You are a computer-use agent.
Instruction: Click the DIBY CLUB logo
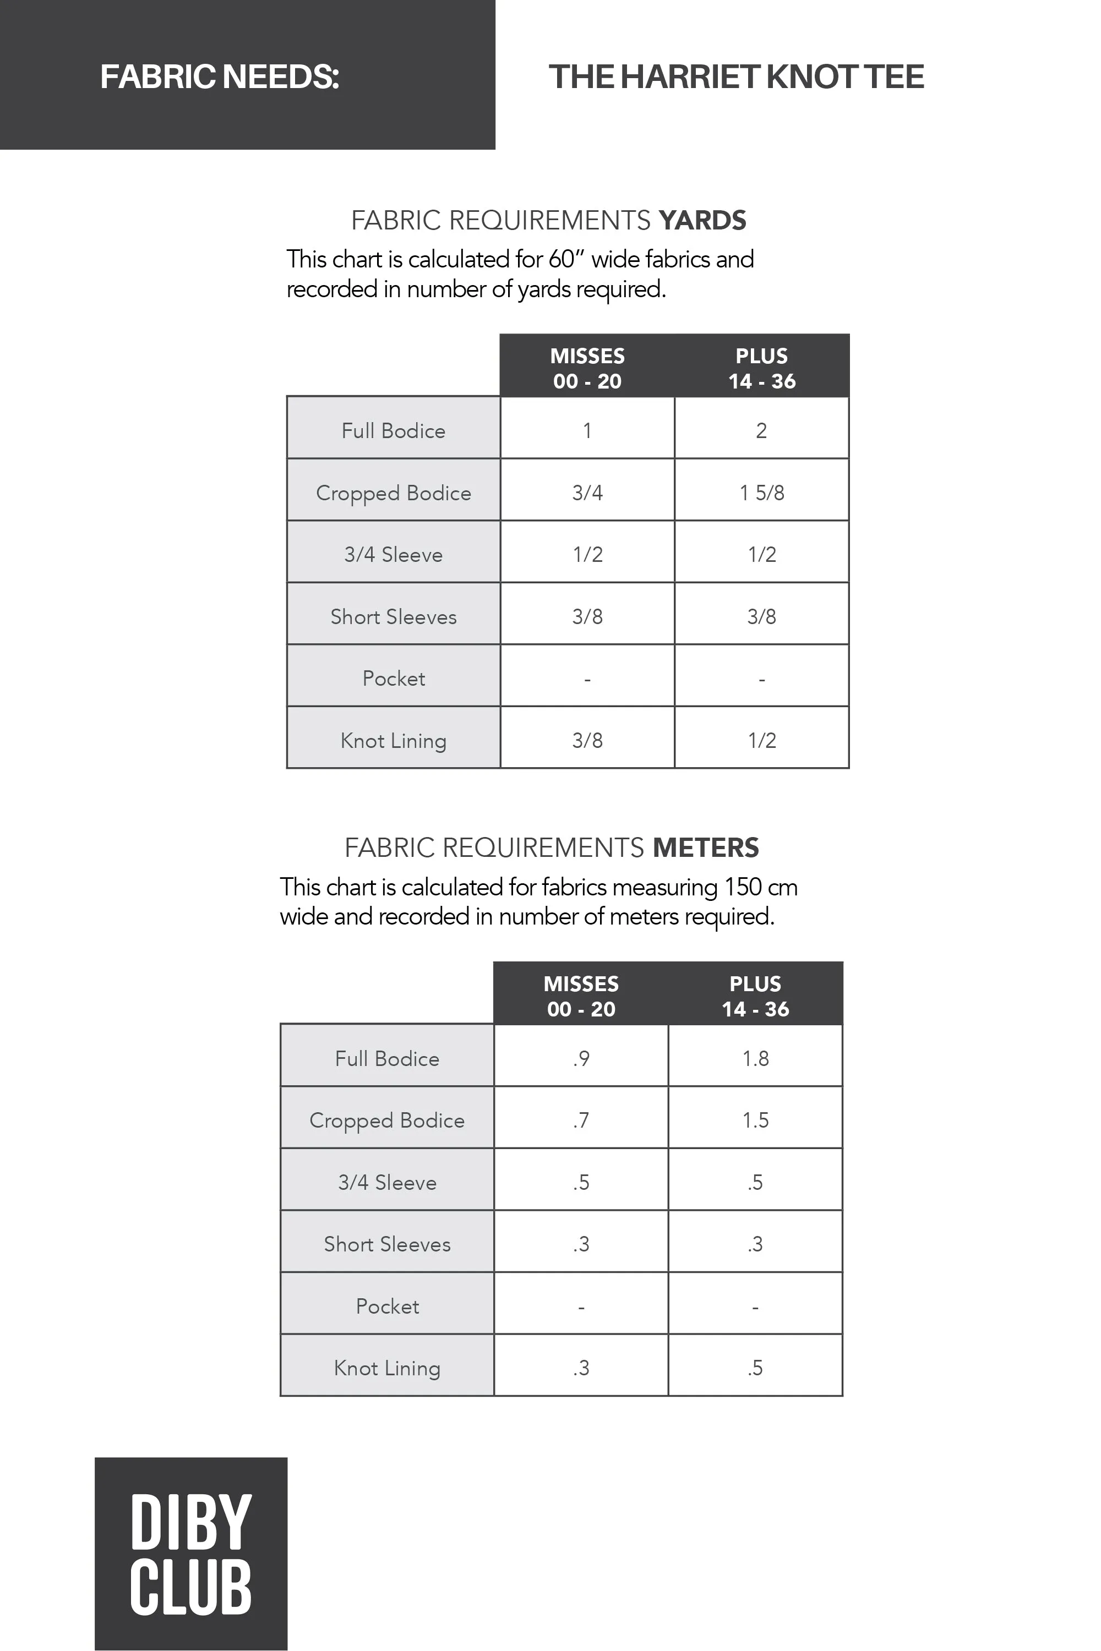point(190,1552)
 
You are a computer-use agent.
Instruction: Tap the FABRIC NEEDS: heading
point(220,76)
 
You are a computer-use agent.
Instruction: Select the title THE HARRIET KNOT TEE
point(736,76)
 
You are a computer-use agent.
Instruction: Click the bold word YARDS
point(702,221)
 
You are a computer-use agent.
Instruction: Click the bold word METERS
point(706,848)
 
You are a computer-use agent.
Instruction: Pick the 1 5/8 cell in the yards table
point(761,493)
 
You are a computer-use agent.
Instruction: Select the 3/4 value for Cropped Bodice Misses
point(587,493)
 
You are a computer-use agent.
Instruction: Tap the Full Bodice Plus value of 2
point(761,430)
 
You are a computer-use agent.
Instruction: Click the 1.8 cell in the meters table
point(755,1058)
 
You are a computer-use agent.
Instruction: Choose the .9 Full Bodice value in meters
point(581,1058)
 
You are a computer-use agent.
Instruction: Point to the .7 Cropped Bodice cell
point(581,1120)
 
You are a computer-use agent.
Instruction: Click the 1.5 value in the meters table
point(755,1120)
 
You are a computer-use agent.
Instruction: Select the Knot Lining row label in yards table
point(393,741)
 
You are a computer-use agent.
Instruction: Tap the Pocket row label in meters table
point(387,1306)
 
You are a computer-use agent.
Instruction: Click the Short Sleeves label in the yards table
point(393,617)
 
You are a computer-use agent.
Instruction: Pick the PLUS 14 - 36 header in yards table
point(761,369)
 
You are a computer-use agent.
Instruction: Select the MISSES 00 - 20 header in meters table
point(581,996)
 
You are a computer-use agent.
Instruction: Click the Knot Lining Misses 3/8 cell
point(587,741)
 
